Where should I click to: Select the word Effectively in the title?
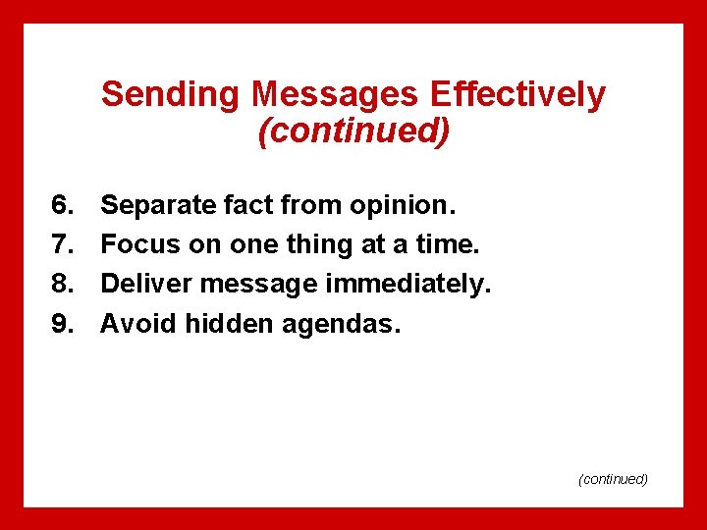(x=518, y=95)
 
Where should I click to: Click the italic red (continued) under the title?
(x=353, y=130)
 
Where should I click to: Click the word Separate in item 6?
(x=158, y=205)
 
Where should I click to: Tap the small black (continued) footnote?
(x=614, y=479)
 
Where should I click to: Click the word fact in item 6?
(x=249, y=205)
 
